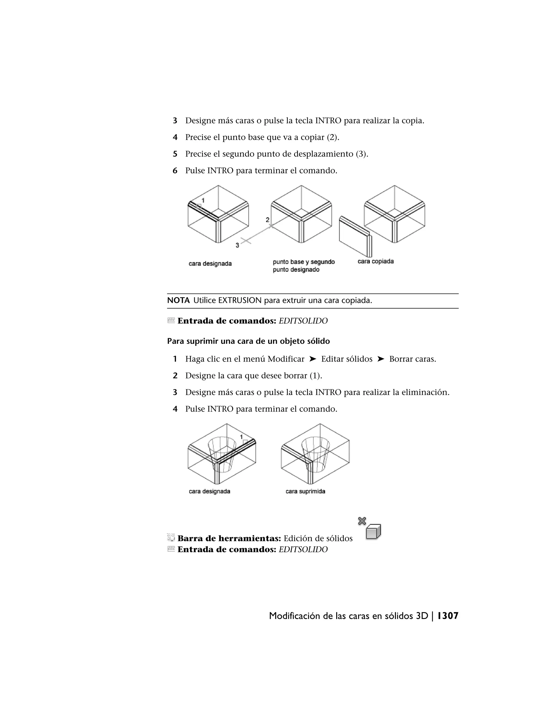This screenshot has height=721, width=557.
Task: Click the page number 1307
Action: pos(448,616)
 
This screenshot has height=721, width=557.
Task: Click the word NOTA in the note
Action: pos(178,300)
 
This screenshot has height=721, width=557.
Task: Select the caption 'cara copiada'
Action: pos(376,261)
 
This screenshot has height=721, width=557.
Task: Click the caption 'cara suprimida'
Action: pos(305,491)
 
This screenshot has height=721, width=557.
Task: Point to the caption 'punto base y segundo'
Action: pos(304,262)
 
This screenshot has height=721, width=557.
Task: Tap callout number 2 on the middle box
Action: pos(268,220)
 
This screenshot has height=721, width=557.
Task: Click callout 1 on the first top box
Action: pos(203,200)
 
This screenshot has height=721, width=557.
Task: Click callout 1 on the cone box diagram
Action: pos(241,437)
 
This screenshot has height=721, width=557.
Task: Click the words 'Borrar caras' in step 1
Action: pos(412,359)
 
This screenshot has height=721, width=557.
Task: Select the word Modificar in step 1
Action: pos(286,359)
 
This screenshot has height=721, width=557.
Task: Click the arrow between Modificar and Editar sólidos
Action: pos(313,359)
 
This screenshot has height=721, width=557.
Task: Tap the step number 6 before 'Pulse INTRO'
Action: pos(175,171)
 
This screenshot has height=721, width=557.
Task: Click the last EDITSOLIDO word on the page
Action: pos(303,549)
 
